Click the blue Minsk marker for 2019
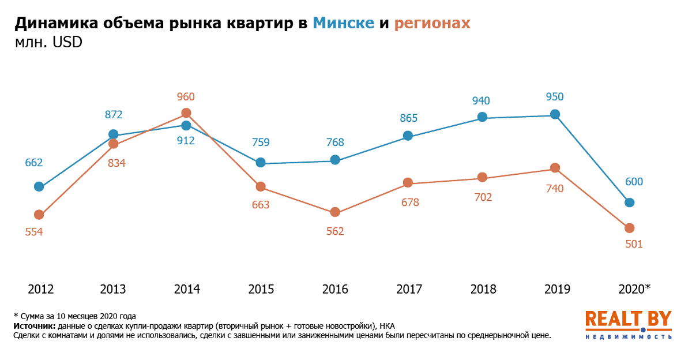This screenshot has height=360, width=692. [x=555, y=114]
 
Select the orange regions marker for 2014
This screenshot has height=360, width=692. [x=186, y=113]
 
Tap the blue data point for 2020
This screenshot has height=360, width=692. [x=630, y=202]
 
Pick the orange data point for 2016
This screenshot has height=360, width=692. [x=335, y=212]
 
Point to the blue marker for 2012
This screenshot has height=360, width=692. [x=39, y=186]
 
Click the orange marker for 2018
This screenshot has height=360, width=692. [x=482, y=177]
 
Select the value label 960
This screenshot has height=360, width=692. [x=186, y=97]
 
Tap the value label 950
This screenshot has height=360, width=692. [x=554, y=97]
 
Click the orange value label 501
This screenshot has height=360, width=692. [x=633, y=244]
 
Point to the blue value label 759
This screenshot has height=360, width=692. [x=261, y=142]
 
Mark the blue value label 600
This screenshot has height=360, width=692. [x=633, y=182]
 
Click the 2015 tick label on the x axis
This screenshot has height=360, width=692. [x=261, y=289]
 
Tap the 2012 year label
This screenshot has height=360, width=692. [x=40, y=289]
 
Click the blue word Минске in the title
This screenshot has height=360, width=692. [x=344, y=23]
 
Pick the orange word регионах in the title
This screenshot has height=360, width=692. [x=432, y=23]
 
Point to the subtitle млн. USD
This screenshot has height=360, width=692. [x=48, y=43]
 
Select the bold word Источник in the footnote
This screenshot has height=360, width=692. [x=34, y=326]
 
